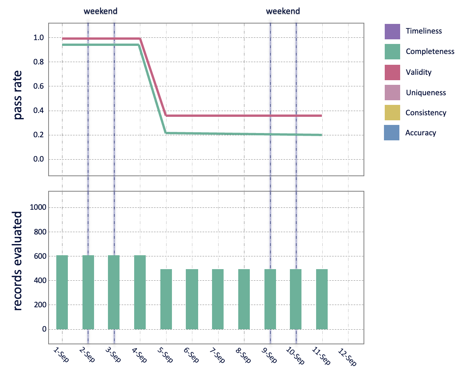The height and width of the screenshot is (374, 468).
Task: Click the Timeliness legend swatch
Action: pos(392,31)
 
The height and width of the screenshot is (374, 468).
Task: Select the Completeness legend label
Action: pos(430,52)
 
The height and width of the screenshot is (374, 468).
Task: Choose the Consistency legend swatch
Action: pos(392,113)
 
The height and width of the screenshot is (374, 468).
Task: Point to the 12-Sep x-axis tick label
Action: pos(347,356)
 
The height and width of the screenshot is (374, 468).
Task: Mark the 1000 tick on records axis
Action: pos(38,207)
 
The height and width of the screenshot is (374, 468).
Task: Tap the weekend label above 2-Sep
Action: pos(101,11)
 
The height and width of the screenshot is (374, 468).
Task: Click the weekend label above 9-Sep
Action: pos(283,11)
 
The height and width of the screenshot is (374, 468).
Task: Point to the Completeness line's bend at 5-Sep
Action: pos(166,133)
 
